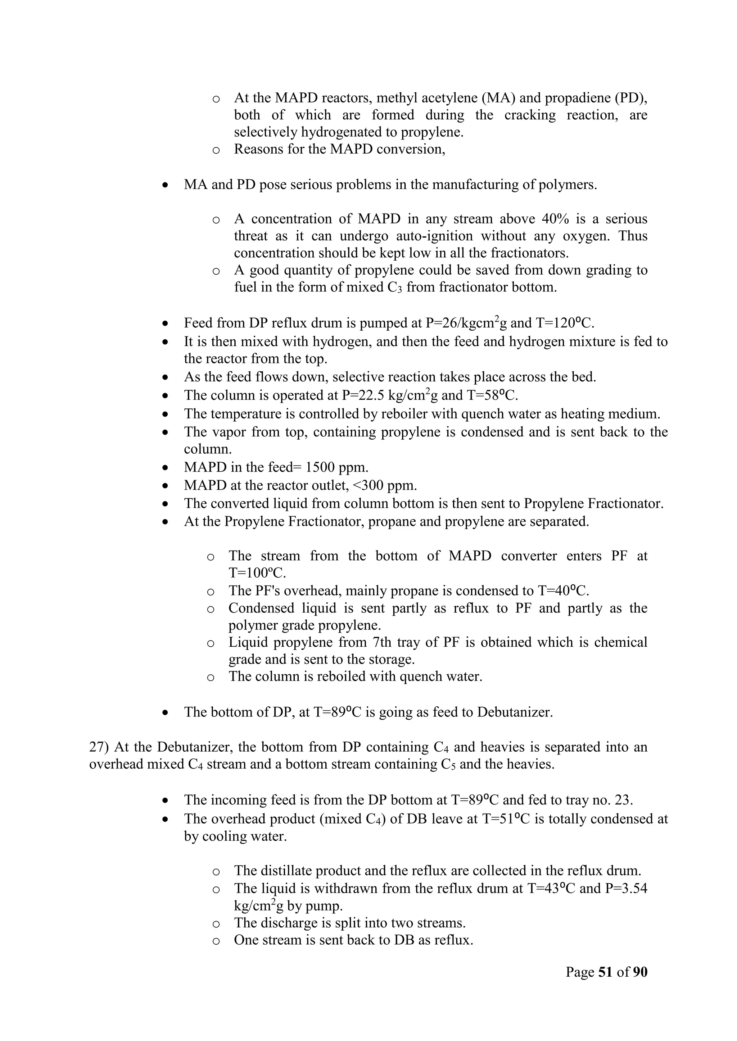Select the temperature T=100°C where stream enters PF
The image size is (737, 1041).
(257, 573)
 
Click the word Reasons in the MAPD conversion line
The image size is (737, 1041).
(258, 149)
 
